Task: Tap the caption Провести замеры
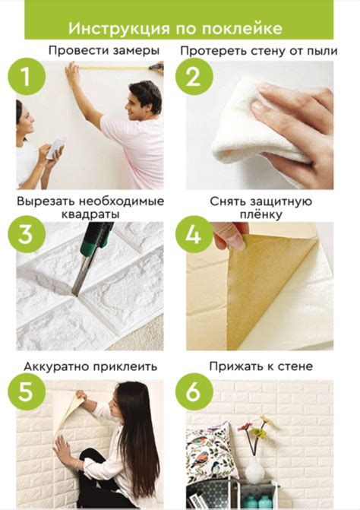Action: (x=103, y=50)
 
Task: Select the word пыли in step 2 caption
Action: (x=314, y=50)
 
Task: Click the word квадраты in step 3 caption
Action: (x=90, y=214)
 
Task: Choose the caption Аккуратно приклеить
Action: (x=90, y=366)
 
